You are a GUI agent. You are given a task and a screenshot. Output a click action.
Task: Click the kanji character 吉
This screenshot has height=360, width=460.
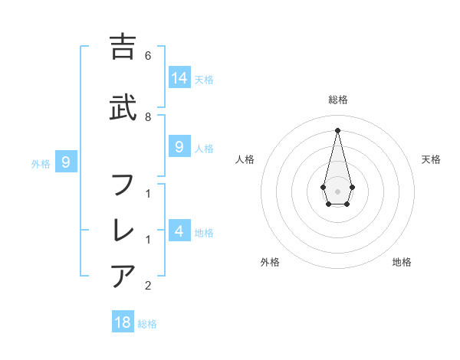123,47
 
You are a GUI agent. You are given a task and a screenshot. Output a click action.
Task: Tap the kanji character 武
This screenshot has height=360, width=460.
123,107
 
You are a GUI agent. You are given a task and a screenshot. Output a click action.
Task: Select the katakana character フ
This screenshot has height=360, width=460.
123,185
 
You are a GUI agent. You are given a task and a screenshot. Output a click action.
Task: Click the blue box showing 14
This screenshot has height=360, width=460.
179,78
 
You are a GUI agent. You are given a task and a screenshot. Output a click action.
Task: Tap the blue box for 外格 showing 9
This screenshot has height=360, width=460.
66,162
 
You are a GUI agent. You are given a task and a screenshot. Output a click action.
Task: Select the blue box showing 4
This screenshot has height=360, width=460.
179,231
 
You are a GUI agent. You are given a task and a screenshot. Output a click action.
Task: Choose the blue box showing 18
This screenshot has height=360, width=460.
123,322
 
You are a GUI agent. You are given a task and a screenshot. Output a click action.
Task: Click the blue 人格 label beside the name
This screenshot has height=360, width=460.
204,149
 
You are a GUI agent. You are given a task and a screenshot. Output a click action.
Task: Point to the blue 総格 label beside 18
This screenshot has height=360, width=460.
147,324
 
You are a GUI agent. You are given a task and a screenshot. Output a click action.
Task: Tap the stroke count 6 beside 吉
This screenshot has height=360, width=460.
148,55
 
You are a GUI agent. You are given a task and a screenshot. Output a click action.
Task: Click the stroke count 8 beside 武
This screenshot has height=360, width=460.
148,116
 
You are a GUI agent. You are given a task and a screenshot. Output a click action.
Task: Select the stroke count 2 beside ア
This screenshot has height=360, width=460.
148,286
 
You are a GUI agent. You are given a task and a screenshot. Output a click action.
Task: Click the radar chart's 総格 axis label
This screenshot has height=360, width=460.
337,100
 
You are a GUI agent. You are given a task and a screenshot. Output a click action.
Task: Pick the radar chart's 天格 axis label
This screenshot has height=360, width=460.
431,159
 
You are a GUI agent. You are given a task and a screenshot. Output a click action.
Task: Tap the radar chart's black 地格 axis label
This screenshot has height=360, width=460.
402,262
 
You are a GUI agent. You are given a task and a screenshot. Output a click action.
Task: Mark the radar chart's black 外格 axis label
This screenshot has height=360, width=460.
270,262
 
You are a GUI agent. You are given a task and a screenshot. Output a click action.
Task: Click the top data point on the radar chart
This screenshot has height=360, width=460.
337,129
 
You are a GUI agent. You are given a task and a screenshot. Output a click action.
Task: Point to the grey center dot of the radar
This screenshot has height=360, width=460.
337,190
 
